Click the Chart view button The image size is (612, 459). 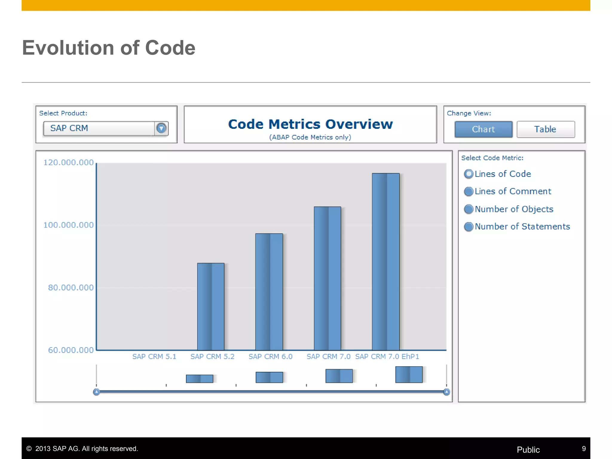coord(483,129)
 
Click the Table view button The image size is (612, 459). coord(545,129)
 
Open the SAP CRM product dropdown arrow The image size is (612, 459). coord(161,128)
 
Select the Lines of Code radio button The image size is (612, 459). coord(469,174)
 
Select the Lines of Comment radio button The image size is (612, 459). coord(469,191)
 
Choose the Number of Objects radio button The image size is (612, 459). coord(469,209)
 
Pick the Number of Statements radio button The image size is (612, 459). coord(469,227)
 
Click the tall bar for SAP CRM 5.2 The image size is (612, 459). coord(211,306)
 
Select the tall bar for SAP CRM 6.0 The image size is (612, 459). coord(269,291)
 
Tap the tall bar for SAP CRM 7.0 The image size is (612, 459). coord(327,278)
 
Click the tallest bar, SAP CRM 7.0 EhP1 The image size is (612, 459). coord(385,261)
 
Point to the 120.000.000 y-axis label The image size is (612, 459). coord(68,163)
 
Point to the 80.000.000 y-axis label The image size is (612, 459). coord(71,287)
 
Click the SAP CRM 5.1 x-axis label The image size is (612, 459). coord(154,357)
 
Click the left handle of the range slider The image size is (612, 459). coord(97,392)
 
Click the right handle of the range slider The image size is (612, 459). coord(446,392)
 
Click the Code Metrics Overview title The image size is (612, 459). coord(310,124)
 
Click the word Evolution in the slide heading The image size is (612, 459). coord(68,48)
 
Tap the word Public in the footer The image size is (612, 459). coord(528,450)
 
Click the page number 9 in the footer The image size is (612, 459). coord(584,449)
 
